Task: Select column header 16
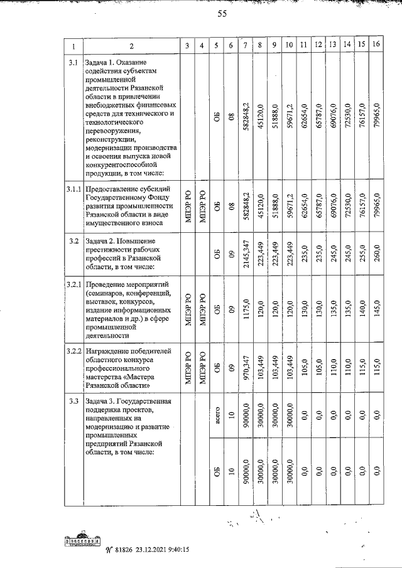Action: point(376,45)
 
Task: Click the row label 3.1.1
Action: point(73,188)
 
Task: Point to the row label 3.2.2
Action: point(73,349)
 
